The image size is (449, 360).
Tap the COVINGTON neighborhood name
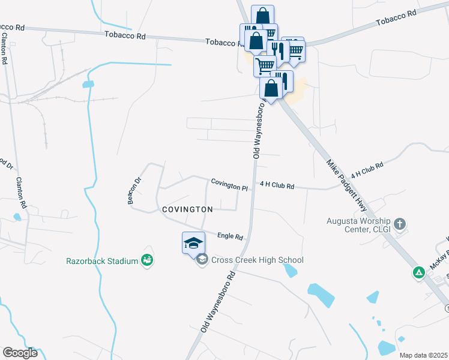click(187, 209)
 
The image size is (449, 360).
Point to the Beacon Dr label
click(134, 191)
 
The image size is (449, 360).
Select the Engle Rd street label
click(230, 236)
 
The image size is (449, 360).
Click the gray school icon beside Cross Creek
click(202, 259)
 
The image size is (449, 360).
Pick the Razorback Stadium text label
click(103, 260)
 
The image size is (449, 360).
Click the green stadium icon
click(147, 260)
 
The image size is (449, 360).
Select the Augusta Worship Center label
click(359, 224)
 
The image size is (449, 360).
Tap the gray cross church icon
click(400, 224)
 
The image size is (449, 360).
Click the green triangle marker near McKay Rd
click(419, 273)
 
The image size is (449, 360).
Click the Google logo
click(20, 353)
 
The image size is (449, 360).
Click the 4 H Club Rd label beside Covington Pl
click(277, 186)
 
